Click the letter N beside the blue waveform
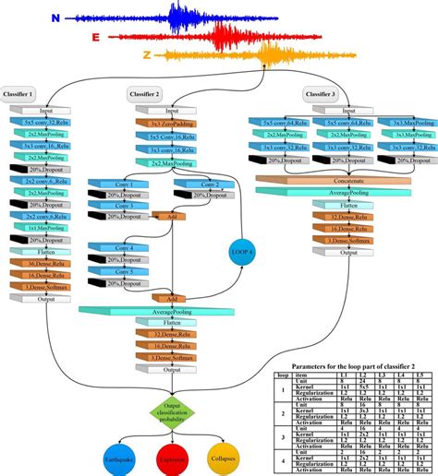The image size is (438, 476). pos(55,18)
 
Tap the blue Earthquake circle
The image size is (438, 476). pos(119,454)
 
